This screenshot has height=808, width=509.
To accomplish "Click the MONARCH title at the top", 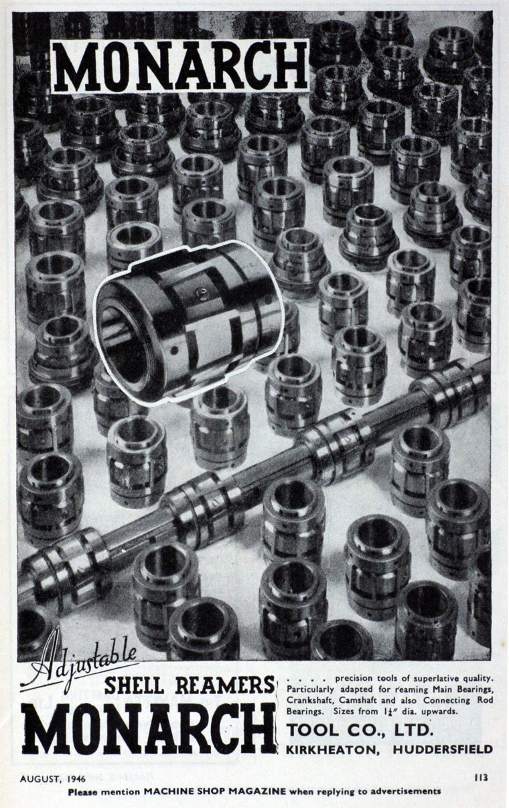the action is [179, 67].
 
